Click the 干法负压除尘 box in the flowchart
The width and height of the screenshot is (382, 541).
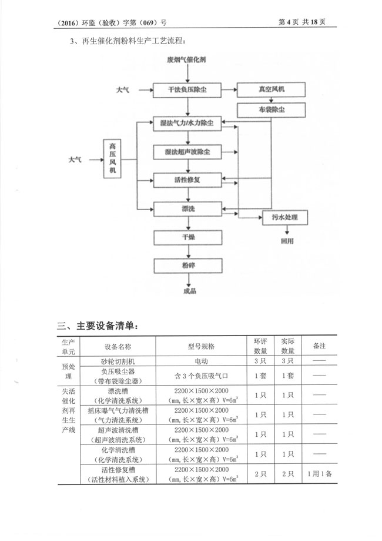pos(186,89)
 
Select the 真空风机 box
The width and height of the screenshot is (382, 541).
pos(270,89)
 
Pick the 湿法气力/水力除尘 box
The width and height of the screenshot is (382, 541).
pos(186,125)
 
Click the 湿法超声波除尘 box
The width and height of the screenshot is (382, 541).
pos(186,152)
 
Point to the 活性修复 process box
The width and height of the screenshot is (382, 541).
pos(186,180)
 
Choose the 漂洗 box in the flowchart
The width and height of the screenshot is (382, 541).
pos(186,208)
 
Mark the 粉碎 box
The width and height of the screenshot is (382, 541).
pos(186,265)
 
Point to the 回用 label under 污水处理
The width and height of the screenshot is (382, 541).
pos(286,241)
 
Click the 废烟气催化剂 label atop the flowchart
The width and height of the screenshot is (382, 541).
pos(186,60)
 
